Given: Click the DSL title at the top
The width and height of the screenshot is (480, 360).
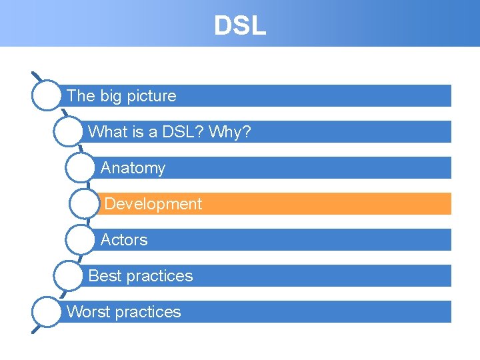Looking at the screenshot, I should pyautogui.click(x=240, y=25).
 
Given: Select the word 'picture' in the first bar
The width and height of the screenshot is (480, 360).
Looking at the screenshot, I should pyautogui.click(x=151, y=96).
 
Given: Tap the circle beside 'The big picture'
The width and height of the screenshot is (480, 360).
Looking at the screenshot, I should pyautogui.click(x=47, y=95).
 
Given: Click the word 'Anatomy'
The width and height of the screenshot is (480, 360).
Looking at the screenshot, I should pyautogui.click(x=133, y=168).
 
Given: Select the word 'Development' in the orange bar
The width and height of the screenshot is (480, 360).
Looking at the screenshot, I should pyautogui.click(x=153, y=204).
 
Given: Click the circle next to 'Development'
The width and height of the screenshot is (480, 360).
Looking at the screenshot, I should pyautogui.click(x=84, y=204).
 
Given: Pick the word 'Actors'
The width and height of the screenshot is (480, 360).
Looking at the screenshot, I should pyautogui.click(x=124, y=240).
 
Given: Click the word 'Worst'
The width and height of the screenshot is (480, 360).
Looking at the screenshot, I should pyautogui.click(x=86, y=312).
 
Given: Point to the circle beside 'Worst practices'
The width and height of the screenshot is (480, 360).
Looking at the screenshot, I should pyautogui.click(x=47, y=312).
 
